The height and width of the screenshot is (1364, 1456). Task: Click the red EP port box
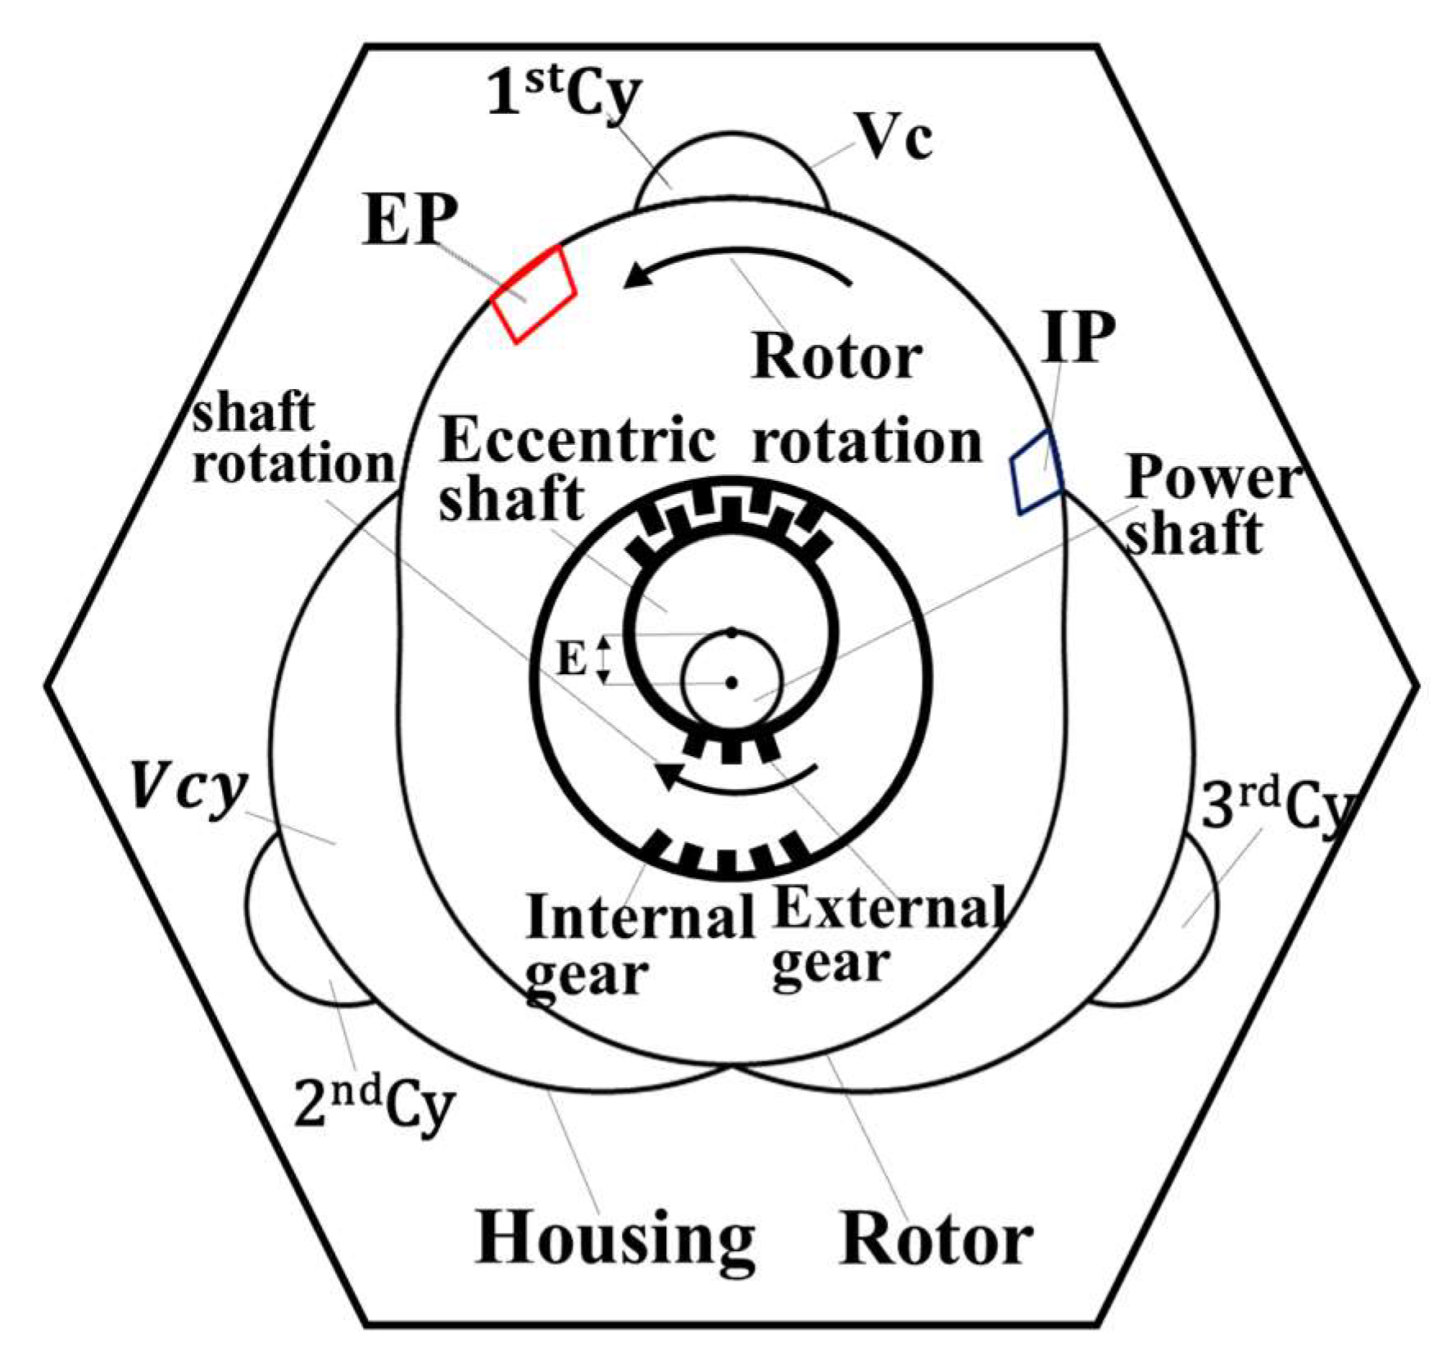[x=533, y=293]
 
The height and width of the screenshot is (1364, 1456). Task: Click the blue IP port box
[x=1036, y=473]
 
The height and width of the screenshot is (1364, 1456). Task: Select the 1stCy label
[x=564, y=95]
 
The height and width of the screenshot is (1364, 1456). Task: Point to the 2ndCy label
[x=373, y=1108]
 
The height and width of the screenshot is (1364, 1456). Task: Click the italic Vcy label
[x=188, y=788]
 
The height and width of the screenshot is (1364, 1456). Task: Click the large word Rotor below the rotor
[x=936, y=1240]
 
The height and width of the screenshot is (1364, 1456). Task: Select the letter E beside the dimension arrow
[x=572, y=659]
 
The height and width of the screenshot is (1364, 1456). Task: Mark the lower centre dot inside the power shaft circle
[x=732, y=682]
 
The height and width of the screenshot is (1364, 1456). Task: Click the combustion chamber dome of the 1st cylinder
[x=732, y=168]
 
